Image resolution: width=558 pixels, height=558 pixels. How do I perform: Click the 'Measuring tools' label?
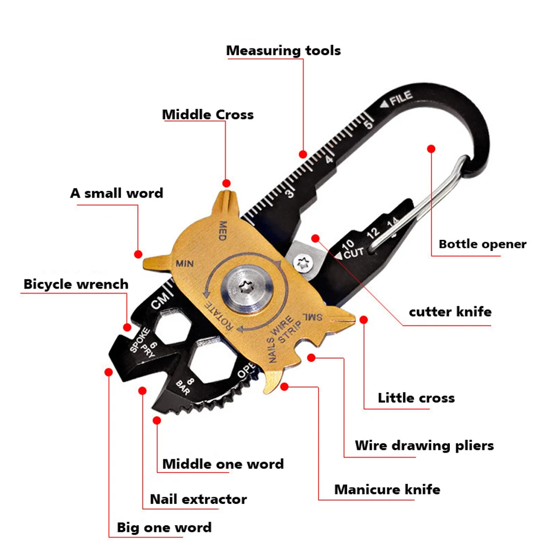(283, 51)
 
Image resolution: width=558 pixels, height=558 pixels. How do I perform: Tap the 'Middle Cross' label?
(208, 115)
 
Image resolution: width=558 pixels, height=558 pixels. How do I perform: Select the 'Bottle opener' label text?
(482, 244)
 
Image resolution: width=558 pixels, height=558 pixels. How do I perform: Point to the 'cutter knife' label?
(450, 311)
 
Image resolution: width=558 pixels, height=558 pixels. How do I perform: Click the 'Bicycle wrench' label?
(76, 284)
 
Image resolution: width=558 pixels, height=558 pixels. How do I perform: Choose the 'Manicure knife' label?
(387, 490)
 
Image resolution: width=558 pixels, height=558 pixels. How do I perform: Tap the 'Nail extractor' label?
(198, 499)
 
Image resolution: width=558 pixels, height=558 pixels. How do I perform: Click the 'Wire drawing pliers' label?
(424, 446)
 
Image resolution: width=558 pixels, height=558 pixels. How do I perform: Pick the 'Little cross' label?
(416, 398)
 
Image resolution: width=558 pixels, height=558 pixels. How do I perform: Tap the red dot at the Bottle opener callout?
(431, 148)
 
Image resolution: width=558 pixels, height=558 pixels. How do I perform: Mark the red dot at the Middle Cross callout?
(226, 183)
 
